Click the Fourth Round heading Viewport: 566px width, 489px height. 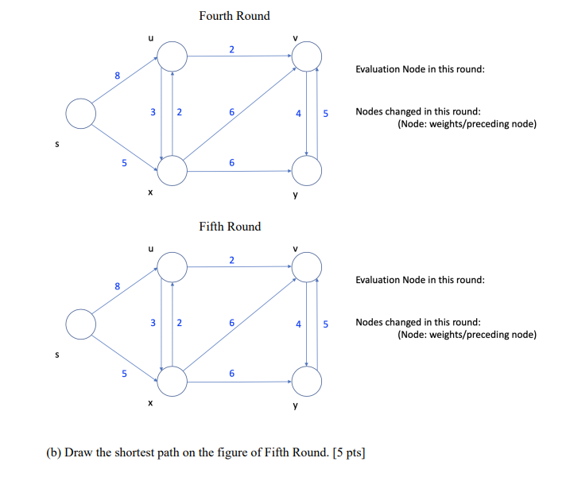point(234,16)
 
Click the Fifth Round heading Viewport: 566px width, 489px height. point(230,227)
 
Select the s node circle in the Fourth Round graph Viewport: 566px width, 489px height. point(80,114)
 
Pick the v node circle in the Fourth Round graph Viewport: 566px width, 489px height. point(308,56)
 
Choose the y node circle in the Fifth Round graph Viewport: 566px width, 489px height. point(308,381)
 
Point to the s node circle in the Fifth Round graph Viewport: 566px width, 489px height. point(80,324)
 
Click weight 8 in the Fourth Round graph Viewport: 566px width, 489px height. point(118,76)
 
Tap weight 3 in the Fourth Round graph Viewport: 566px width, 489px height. point(153,113)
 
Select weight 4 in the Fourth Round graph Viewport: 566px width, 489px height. point(298,114)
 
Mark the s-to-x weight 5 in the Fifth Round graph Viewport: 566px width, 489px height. point(124,374)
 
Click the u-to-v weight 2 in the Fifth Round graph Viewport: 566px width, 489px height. point(231,261)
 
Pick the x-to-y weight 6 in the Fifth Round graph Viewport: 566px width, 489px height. point(231,374)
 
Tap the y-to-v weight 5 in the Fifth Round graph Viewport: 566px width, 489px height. point(325,324)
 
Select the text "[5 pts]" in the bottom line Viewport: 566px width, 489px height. point(348,453)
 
